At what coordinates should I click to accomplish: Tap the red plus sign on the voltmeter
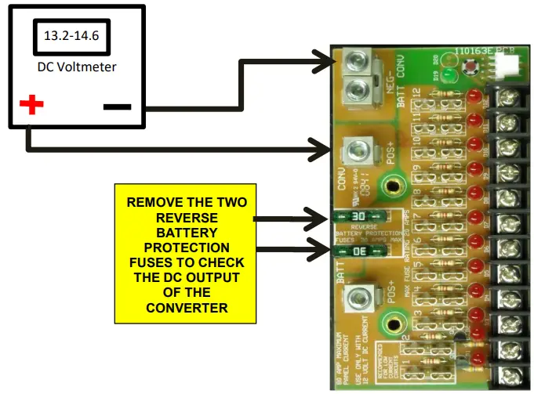(31, 104)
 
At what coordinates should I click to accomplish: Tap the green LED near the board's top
(449, 75)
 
